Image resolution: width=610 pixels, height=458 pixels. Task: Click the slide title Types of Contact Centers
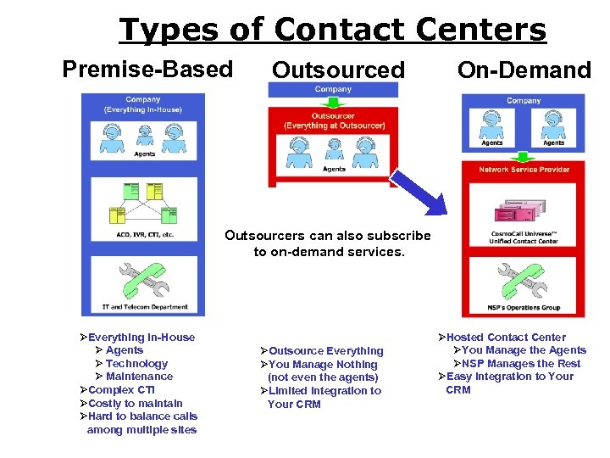(332, 30)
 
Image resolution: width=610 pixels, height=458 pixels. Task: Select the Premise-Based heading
(147, 69)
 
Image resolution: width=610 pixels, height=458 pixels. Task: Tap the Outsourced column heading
(338, 70)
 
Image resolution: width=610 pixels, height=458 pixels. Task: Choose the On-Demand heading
(524, 70)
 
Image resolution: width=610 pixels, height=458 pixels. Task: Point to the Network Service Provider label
(524, 170)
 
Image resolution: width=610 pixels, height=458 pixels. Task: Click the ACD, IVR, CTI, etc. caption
(145, 234)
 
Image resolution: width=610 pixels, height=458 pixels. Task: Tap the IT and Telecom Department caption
(145, 307)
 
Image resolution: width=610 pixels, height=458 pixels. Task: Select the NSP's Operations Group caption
(524, 307)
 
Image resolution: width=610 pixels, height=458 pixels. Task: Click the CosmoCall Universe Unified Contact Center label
(524, 237)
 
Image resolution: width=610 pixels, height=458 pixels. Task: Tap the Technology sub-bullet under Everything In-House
(136, 364)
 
